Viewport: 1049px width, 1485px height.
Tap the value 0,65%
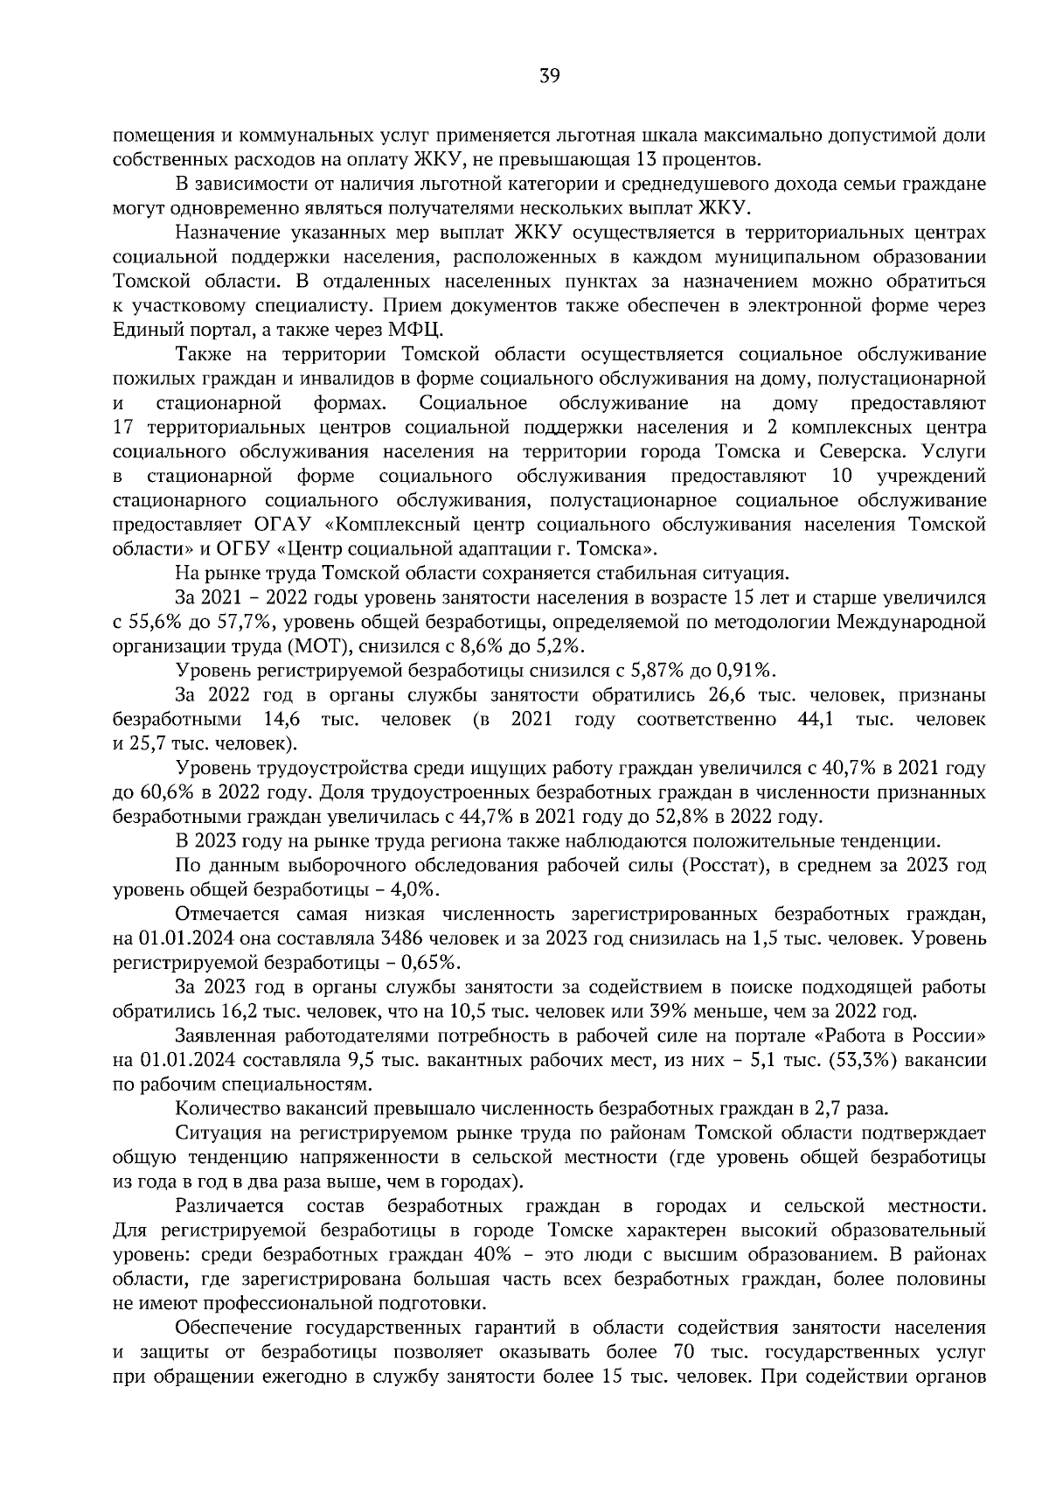[427, 962]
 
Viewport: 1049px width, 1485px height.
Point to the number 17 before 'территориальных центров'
[124, 428]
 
